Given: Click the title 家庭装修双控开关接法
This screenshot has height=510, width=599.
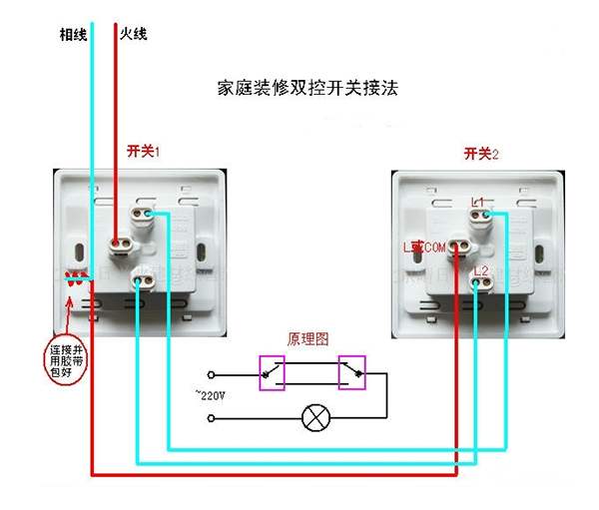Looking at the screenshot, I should (306, 88).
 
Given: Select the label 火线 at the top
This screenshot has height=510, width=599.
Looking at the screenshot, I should (134, 34).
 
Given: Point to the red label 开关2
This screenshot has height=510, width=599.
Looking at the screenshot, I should (481, 153).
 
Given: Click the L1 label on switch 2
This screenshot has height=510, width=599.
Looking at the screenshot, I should (478, 203).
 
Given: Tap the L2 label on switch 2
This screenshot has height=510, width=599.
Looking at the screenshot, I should (480, 270).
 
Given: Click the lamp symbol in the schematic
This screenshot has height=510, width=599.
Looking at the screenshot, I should (315, 418).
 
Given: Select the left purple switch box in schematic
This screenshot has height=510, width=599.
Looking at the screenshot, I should (272, 372).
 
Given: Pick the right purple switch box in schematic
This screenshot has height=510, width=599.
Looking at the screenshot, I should (352, 372).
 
